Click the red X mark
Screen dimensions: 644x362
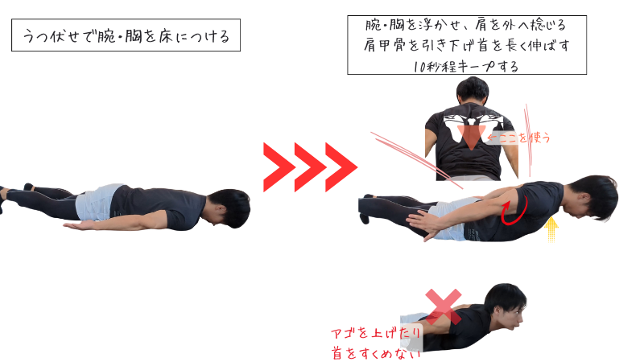tap(444, 306)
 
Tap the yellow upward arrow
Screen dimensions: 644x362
tap(551, 229)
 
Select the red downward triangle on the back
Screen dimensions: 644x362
tap(472, 137)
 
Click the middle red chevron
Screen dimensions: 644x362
tap(311, 167)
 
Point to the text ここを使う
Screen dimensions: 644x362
tap(518, 138)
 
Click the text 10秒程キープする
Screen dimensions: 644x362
tap(466, 66)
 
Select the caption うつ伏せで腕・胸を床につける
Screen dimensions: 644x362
tap(126, 35)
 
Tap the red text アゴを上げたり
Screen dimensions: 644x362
tap(376, 332)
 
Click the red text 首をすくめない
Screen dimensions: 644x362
tap(376, 352)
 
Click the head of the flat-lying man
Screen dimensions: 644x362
tap(229, 208)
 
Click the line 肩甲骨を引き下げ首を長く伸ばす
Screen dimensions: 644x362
tap(467, 45)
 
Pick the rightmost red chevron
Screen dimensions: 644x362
tap(341, 167)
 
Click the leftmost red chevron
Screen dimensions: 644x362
tap(279, 167)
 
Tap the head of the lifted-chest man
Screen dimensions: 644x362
tap(592, 197)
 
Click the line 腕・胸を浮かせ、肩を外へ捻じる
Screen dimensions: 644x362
tap(466, 25)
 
